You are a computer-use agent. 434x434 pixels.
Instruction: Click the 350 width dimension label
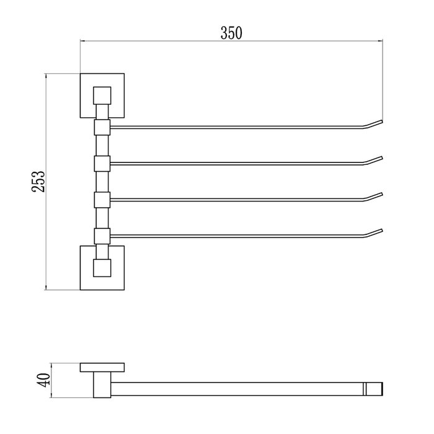(x=231, y=33)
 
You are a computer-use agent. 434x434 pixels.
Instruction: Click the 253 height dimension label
(x=38, y=182)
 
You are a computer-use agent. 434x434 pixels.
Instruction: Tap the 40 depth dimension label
(x=43, y=380)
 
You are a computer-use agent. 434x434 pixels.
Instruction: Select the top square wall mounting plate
(x=102, y=95)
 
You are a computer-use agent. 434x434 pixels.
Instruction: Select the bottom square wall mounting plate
(x=102, y=268)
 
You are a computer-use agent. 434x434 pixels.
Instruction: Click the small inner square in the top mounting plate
(x=102, y=95)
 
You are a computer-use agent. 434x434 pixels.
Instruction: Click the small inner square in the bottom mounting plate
(x=102, y=268)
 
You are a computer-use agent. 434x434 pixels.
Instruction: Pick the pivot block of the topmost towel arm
(x=102, y=127)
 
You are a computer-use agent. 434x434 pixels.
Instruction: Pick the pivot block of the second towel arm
(x=102, y=164)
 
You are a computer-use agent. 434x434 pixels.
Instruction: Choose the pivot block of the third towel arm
(x=102, y=200)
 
